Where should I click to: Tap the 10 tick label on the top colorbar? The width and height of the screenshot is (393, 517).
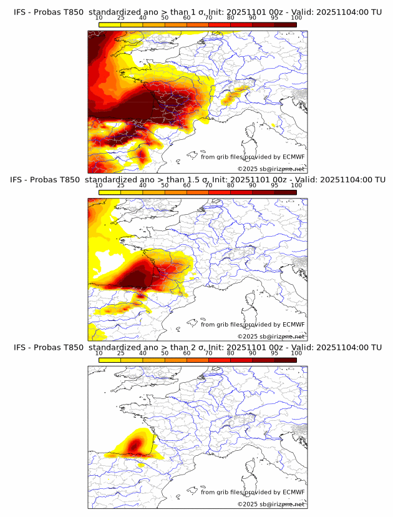click(99, 18)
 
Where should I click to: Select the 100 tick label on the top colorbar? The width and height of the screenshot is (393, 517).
click(296, 18)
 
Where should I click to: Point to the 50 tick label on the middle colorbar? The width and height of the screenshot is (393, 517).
click(165, 185)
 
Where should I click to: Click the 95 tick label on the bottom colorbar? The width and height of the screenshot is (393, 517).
click(274, 353)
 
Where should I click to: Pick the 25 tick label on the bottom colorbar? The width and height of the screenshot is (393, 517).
click(121, 353)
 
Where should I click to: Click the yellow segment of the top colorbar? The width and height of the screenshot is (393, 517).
click(110, 25)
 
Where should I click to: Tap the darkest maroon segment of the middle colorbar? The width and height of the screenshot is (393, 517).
click(285, 192)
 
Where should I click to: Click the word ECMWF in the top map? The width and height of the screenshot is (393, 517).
click(293, 157)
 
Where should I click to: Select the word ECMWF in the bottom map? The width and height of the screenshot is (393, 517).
click(293, 492)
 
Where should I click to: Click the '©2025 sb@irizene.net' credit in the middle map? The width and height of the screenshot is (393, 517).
click(271, 336)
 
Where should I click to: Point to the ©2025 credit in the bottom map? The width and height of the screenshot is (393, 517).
click(271, 504)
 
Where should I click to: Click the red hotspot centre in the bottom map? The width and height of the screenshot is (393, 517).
click(137, 445)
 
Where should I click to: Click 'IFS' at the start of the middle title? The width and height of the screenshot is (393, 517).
click(20, 179)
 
